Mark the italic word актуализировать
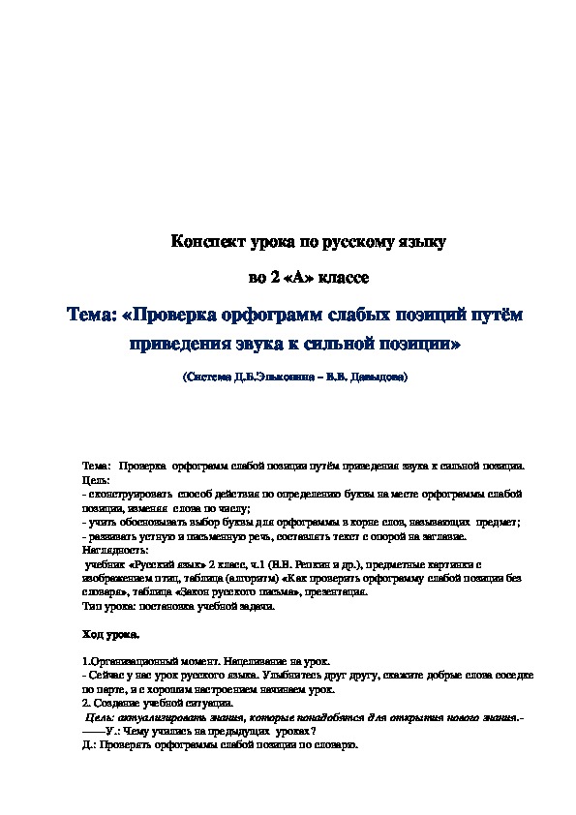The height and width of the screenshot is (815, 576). coord(155,716)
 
